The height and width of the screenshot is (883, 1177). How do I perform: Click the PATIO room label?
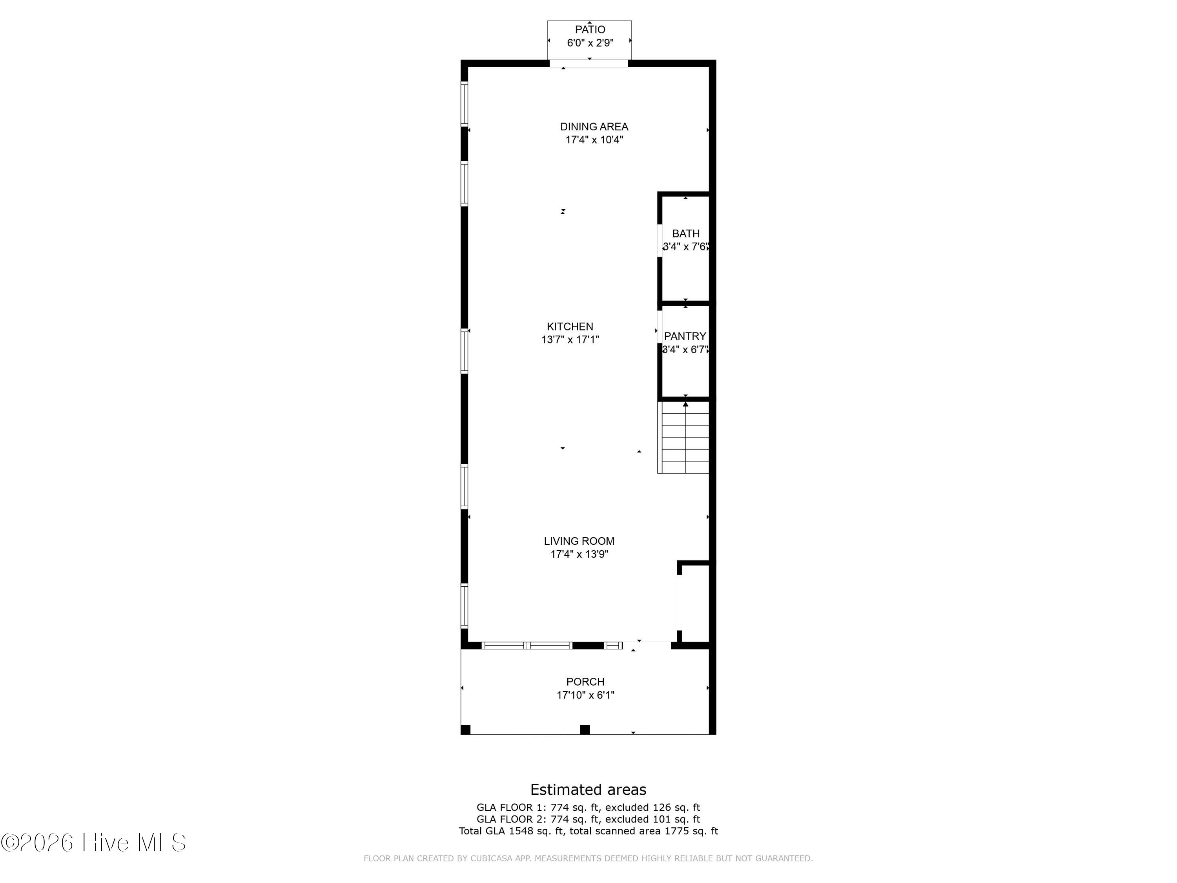tap(590, 30)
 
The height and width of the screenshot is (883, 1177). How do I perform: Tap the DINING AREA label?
tap(594, 127)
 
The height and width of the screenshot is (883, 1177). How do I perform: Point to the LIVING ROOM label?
tap(579, 541)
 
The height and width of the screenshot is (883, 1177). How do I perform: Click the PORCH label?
tap(585, 682)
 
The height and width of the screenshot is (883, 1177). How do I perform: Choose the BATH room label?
tap(686, 234)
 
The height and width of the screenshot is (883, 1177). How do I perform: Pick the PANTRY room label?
tap(685, 336)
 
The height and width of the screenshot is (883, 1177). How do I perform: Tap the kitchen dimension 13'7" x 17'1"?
tap(570, 339)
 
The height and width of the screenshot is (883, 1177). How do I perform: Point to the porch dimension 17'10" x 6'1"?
tap(585, 695)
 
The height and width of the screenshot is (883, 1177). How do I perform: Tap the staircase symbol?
tap(684, 437)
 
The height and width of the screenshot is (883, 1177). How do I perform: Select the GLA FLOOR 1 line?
tap(588, 807)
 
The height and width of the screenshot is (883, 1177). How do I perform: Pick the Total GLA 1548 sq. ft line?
tap(588, 831)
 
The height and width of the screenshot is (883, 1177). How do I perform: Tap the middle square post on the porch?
tap(585, 730)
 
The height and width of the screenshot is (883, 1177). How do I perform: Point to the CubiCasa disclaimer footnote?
tap(588, 858)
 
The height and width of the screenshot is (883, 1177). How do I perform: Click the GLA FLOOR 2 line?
tap(588, 819)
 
